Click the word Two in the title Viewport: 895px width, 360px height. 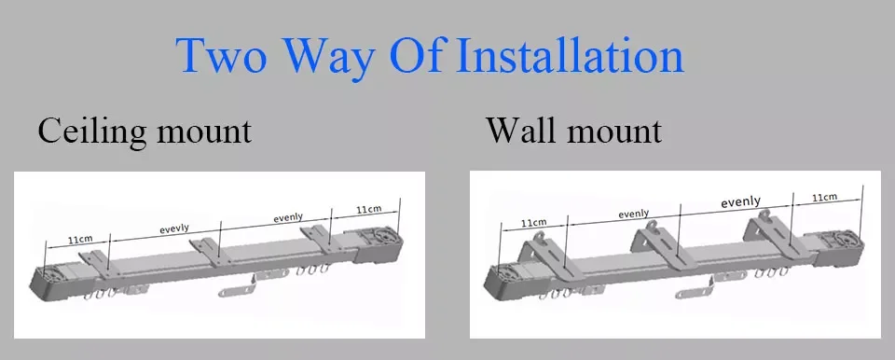[221, 55]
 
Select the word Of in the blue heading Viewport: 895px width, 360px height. [416, 55]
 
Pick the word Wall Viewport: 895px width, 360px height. [519, 131]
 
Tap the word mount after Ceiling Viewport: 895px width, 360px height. [204, 132]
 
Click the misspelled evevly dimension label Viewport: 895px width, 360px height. [174, 228]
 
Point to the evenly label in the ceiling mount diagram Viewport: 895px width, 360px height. [288, 217]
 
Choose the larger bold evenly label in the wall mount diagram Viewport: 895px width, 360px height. [740, 201]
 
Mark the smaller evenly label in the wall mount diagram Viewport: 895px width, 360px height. [634, 214]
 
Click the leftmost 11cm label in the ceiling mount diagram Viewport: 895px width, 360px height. [80, 240]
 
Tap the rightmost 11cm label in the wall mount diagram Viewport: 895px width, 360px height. [825, 197]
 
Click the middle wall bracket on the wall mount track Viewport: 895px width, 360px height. [657, 243]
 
